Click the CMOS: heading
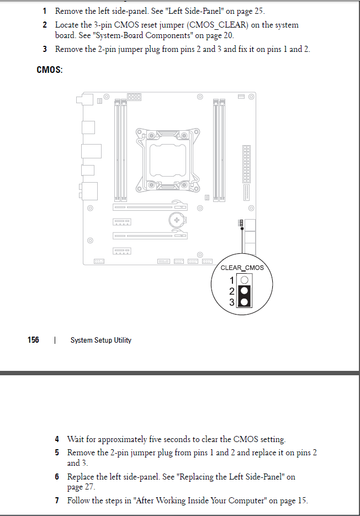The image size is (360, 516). tap(49, 70)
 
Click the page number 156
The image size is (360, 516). tap(33, 340)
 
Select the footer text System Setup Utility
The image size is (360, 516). tap(101, 341)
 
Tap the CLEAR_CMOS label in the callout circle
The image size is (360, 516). tap(242, 268)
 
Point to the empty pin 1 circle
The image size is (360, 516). tap(245, 280)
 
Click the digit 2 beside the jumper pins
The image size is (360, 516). tap(232, 291)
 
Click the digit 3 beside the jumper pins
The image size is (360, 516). tap(232, 302)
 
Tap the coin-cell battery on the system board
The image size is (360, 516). tap(177, 220)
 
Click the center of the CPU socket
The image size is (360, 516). tap(168, 161)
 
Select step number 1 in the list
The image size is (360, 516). tap(45, 11)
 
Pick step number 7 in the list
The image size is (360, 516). tap(57, 501)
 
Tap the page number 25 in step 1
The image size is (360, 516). tap(258, 11)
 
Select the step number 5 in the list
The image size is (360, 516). tap(57, 453)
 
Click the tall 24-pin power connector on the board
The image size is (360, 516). tap(246, 164)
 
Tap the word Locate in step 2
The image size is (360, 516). tap(66, 25)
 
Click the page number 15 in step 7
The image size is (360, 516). tap(302, 501)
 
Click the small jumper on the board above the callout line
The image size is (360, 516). tap(241, 223)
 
